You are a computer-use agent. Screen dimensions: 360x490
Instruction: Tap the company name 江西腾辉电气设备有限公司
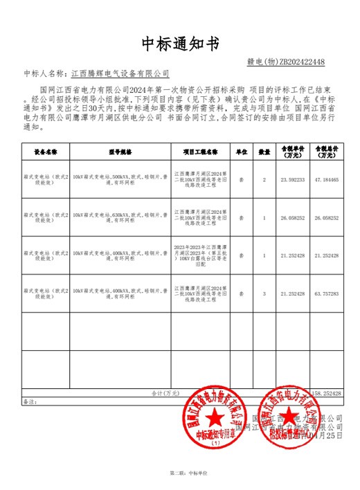pyautogui.click(x=120, y=73)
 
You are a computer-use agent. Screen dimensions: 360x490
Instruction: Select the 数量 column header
pyautogui.click(x=264, y=151)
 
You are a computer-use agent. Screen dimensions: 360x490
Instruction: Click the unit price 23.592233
pyautogui.click(x=292, y=180)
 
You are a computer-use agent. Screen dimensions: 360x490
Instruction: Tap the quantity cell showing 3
pyautogui.click(x=264, y=293)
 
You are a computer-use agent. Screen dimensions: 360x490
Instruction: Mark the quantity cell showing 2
pyautogui.click(x=264, y=180)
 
